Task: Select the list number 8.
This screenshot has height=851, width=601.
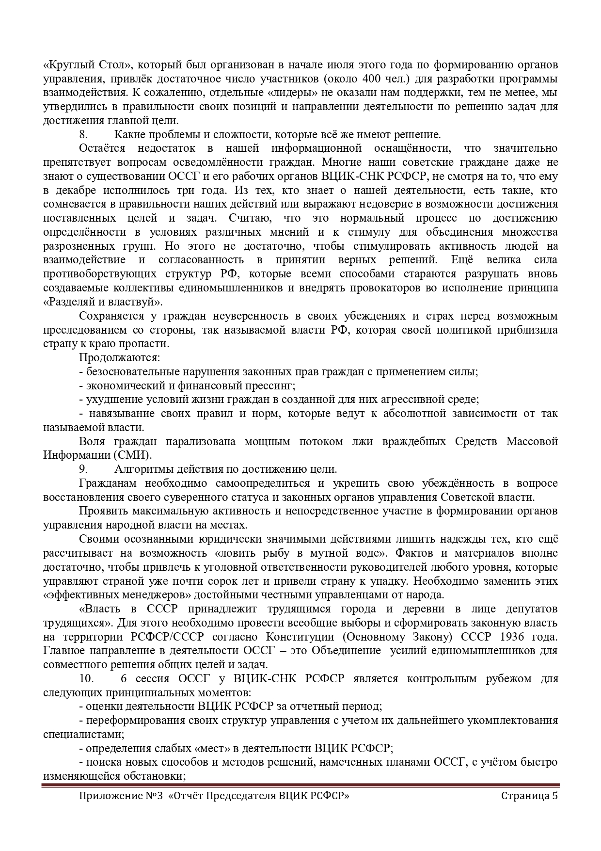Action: coord(83,134)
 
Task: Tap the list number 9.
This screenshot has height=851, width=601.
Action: coord(83,469)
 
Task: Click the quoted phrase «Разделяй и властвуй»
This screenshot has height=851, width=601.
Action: coord(103,302)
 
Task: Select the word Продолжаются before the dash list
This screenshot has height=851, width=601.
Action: coord(119,358)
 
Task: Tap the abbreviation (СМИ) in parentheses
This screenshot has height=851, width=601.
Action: coord(133,455)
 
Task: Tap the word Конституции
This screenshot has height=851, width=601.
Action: coord(300,636)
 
